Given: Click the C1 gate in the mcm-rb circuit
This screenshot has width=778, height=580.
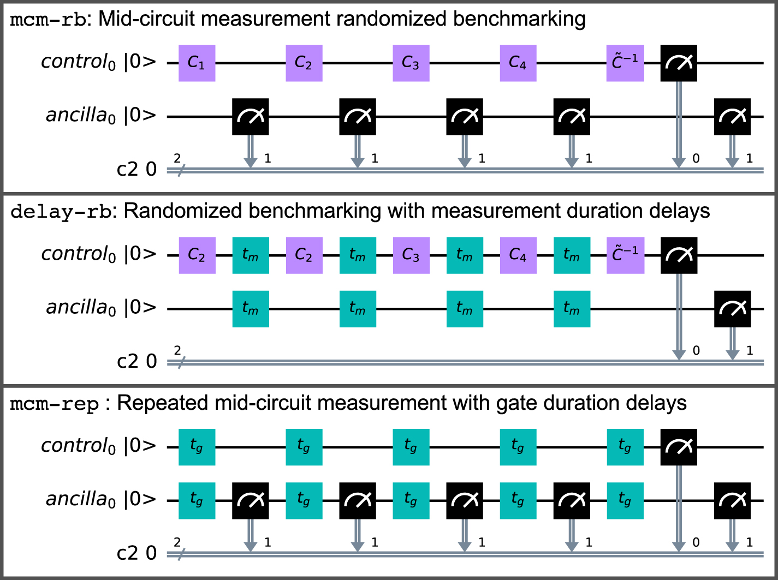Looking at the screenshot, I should (x=197, y=63).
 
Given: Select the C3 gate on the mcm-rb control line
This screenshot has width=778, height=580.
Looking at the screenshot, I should (x=411, y=63).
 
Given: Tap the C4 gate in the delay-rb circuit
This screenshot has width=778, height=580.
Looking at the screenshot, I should (x=518, y=255).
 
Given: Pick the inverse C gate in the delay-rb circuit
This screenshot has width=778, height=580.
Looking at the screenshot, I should (x=625, y=255).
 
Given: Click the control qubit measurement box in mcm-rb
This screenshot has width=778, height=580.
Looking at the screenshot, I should (x=679, y=63).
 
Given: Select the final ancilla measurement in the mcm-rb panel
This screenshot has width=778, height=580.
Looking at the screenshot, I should (x=732, y=117).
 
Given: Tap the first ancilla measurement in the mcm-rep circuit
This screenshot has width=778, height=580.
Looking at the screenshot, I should (x=251, y=500).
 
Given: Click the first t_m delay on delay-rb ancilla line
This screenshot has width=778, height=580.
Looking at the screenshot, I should (x=251, y=309).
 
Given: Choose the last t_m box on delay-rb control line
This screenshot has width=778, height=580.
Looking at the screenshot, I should (x=572, y=255).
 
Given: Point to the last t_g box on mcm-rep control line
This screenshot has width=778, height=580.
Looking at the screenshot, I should (x=625, y=447).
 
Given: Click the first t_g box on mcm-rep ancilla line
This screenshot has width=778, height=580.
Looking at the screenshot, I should (x=197, y=500).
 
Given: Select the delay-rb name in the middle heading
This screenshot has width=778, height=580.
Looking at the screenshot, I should (x=61, y=212).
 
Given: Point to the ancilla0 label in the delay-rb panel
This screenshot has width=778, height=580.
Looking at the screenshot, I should (x=81, y=308).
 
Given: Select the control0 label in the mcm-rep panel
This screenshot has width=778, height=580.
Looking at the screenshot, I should (x=79, y=446).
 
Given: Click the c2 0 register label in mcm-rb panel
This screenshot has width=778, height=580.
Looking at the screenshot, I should (x=136, y=170).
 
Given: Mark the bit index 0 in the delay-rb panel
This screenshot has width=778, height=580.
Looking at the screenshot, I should (x=696, y=351).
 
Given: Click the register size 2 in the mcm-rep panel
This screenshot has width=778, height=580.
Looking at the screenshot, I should (x=177, y=542).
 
